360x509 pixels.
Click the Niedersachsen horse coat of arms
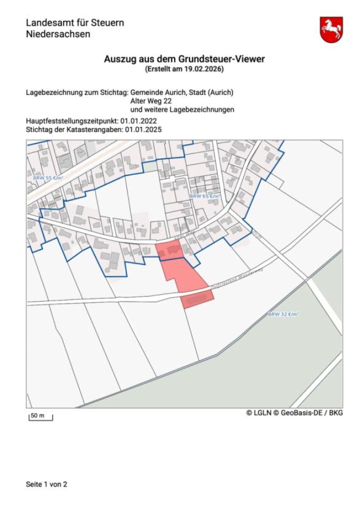(x=331, y=29)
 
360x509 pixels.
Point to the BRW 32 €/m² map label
(x=283, y=314)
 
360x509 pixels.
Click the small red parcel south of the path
(x=197, y=299)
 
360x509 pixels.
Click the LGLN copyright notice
(x=295, y=413)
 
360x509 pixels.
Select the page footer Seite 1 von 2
(x=47, y=484)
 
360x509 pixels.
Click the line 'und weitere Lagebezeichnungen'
(x=182, y=109)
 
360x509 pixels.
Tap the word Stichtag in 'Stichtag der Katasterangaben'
(x=40, y=130)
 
